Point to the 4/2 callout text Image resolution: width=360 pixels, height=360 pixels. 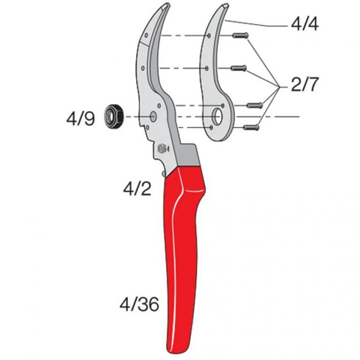(x=137, y=188)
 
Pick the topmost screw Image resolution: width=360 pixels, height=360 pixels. (x=240, y=36)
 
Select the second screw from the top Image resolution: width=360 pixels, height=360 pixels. (x=239, y=68)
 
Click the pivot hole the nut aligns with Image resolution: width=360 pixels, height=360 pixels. (x=154, y=116)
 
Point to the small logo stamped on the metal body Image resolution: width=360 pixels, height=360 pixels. (x=161, y=148)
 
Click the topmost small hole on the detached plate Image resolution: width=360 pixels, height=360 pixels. (x=209, y=36)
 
